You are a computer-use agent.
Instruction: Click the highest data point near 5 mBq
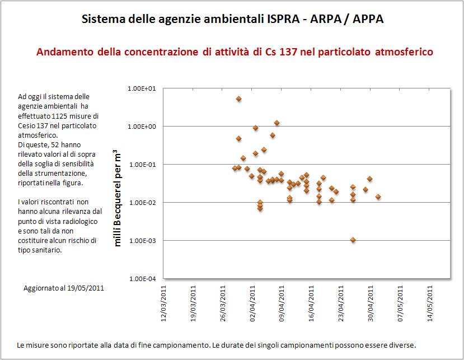click(238, 99)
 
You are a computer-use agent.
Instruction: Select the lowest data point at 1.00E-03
click(353, 240)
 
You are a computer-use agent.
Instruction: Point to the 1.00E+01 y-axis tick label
click(141, 88)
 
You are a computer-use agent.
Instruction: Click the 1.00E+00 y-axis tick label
click(141, 127)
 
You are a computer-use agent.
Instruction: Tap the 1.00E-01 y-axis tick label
click(141, 165)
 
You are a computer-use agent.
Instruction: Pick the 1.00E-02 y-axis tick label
click(141, 203)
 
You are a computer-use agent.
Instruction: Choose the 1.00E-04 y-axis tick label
click(141, 279)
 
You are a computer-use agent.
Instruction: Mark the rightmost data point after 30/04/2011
click(378, 197)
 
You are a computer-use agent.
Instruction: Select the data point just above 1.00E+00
click(276, 123)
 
